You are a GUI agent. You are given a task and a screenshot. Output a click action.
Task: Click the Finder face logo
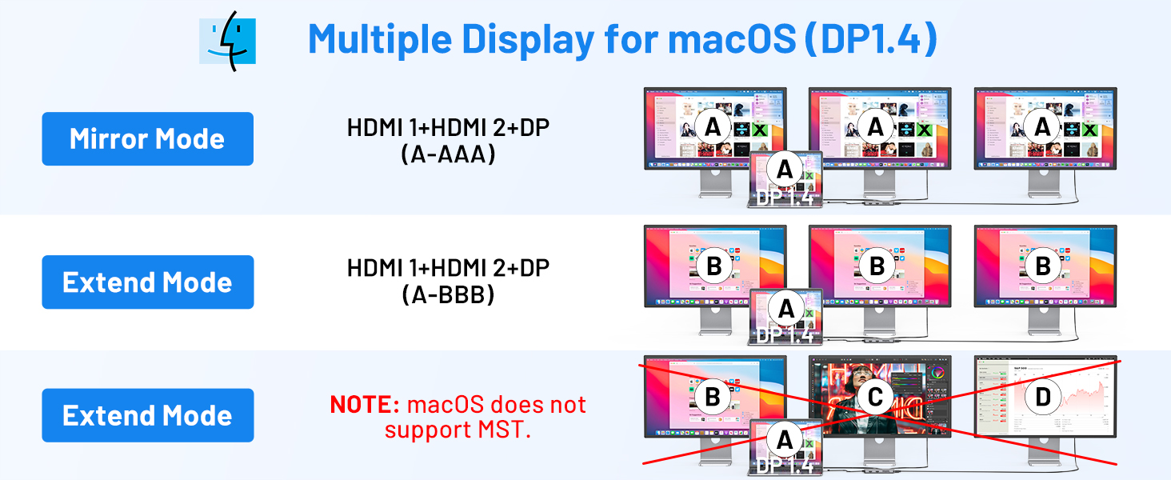tap(228, 40)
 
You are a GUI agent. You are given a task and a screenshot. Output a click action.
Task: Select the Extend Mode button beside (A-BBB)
tap(147, 282)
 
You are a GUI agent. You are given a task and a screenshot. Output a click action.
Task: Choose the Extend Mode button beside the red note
tap(147, 415)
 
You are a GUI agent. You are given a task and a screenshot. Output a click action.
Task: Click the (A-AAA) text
tap(448, 154)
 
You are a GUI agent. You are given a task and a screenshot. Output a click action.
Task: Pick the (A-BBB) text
tap(448, 294)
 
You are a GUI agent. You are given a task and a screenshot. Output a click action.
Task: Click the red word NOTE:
tap(364, 404)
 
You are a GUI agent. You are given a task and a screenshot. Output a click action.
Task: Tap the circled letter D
tap(1043, 397)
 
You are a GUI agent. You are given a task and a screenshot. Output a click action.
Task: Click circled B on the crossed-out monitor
tap(713, 397)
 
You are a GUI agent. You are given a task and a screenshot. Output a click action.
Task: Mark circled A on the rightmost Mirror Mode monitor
tap(1043, 126)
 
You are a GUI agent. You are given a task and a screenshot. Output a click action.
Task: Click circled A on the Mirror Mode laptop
tap(785, 169)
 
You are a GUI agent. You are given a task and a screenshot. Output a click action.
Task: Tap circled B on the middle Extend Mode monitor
tap(877, 266)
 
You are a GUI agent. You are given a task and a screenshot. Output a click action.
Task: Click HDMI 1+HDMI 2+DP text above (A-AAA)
tap(448, 127)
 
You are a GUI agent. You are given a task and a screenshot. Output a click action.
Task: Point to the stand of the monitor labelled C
tap(878, 451)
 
